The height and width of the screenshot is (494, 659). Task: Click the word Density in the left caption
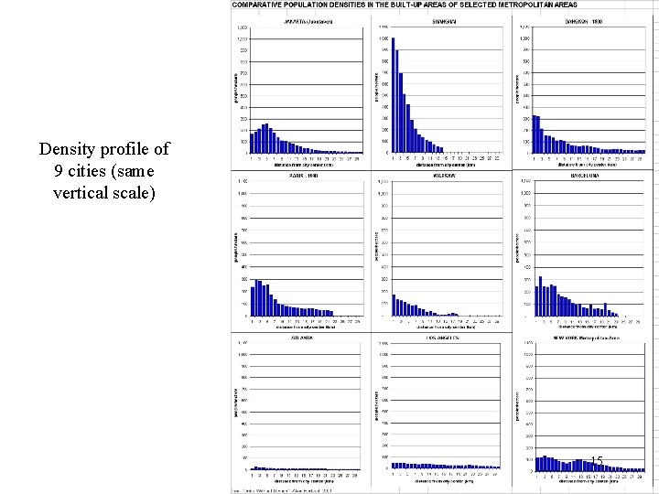[x=67, y=149]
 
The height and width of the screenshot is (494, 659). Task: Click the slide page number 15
[x=596, y=460]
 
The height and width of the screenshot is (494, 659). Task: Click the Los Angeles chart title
[x=443, y=336]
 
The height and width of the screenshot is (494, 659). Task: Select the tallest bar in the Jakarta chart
[x=266, y=138]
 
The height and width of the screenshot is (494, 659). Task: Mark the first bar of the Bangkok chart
[x=535, y=134]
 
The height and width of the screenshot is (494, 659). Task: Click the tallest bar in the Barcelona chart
[x=541, y=295]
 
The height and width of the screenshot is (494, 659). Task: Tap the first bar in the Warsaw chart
[x=394, y=305]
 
